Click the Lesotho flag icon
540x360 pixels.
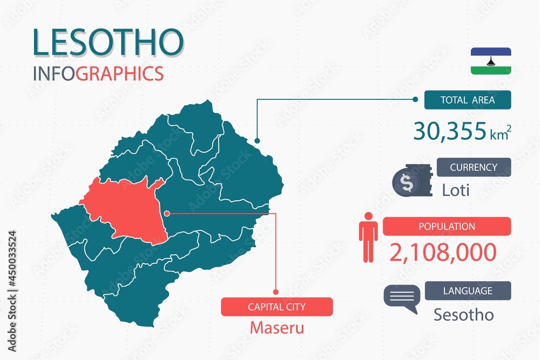coord(490,61)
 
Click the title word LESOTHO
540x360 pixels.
coord(107,43)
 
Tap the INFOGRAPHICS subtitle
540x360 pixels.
coord(98,73)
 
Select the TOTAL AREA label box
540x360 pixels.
coord(467,100)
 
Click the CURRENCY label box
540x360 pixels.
coord(473,167)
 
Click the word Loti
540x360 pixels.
coord(456,190)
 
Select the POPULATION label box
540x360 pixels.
coord(447,226)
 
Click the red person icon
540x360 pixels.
coord(369,237)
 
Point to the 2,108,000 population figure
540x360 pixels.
coord(443,252)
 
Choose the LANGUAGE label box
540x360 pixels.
coord(467,290)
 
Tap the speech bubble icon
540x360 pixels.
coord(402,298)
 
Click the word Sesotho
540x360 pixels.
coord(463,315)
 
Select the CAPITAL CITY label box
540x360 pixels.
coord(276,307)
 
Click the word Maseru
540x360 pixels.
coord(276,327)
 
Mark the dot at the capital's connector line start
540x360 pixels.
coord(167,213)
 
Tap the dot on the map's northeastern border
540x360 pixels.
coord(257,140)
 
